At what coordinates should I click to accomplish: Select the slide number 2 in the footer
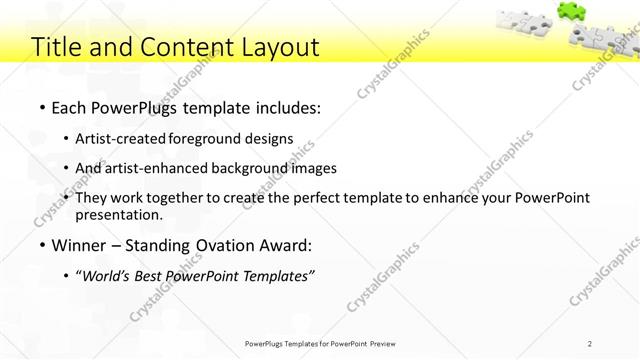(x=590, y=343)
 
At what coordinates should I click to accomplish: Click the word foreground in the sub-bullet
(x=210, y=139)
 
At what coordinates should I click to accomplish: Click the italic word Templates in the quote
(x=278, y=276)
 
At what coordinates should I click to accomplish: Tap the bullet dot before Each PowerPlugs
(x=41, y=106)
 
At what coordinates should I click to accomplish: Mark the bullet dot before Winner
(x=41, y=246)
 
